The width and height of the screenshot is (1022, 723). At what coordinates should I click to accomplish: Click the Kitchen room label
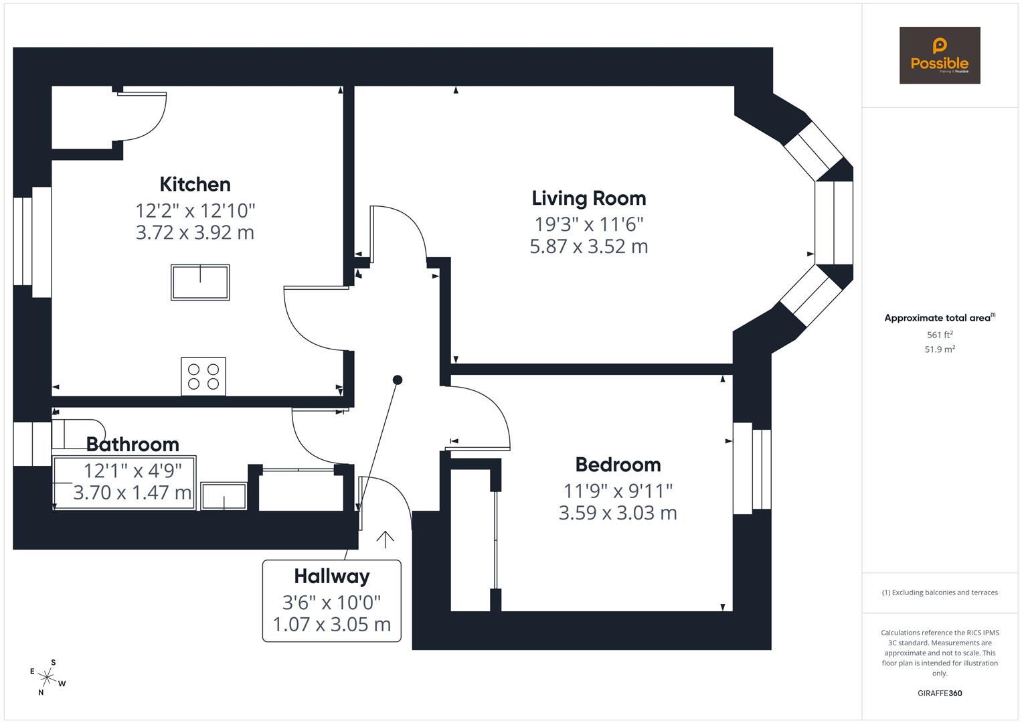[x=195, y=184]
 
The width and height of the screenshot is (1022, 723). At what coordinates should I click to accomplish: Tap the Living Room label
[x=588, y=199]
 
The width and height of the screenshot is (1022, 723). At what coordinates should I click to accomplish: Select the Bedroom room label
[x=618, y=465]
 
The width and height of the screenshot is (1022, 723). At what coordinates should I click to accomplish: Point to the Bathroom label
[x=133, y=445]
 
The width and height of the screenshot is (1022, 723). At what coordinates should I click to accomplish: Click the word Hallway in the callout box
[x=332, y=577]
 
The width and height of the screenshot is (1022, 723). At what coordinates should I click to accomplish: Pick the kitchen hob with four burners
[x=203, y=376]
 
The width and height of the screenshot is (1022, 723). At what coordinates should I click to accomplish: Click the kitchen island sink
[x=200, y=283]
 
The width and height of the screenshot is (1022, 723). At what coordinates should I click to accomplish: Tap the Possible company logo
[x=940, y=55]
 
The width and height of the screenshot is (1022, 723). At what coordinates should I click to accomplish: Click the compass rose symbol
[x=48, y=677]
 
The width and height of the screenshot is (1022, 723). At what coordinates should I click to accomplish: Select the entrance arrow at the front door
[x=385, y=539]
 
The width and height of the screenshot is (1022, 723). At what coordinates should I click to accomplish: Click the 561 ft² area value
[x=940, y=335]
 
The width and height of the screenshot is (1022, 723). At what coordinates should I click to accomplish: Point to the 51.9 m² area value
[x=940, y=349]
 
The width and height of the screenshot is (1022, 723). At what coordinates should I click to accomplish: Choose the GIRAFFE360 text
[x=940, y=694]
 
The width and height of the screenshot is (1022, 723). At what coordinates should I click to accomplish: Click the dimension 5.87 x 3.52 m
[x=588, y=246]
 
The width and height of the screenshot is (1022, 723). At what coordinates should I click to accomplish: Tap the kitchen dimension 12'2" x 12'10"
[x=195, y=211]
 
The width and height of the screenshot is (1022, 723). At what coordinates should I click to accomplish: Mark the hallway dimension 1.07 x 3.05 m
[x=332, y=625]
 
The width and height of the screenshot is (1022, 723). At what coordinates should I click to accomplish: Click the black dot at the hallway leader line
[x=398, y=380]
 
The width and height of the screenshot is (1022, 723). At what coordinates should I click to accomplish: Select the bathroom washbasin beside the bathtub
[x=224, y=495]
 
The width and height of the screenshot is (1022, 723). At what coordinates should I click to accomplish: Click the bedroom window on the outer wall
[x=752, y=469]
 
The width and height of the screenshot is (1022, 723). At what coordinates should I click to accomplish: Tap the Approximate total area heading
[x=940, y=318]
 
